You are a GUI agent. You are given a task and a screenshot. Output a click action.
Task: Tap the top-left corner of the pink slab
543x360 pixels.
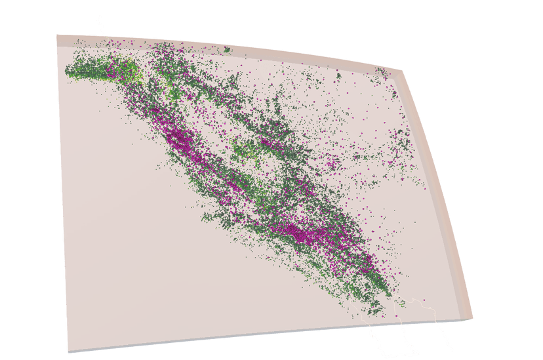(58, 35)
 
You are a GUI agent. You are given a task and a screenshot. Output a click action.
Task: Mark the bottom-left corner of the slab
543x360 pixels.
(69, 351)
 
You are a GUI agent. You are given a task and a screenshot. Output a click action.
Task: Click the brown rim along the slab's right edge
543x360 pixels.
(441, 197)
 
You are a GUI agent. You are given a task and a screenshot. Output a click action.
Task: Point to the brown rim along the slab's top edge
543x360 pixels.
(230, 49)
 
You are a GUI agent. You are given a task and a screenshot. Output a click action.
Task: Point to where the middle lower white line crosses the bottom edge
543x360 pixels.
(395, 324)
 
